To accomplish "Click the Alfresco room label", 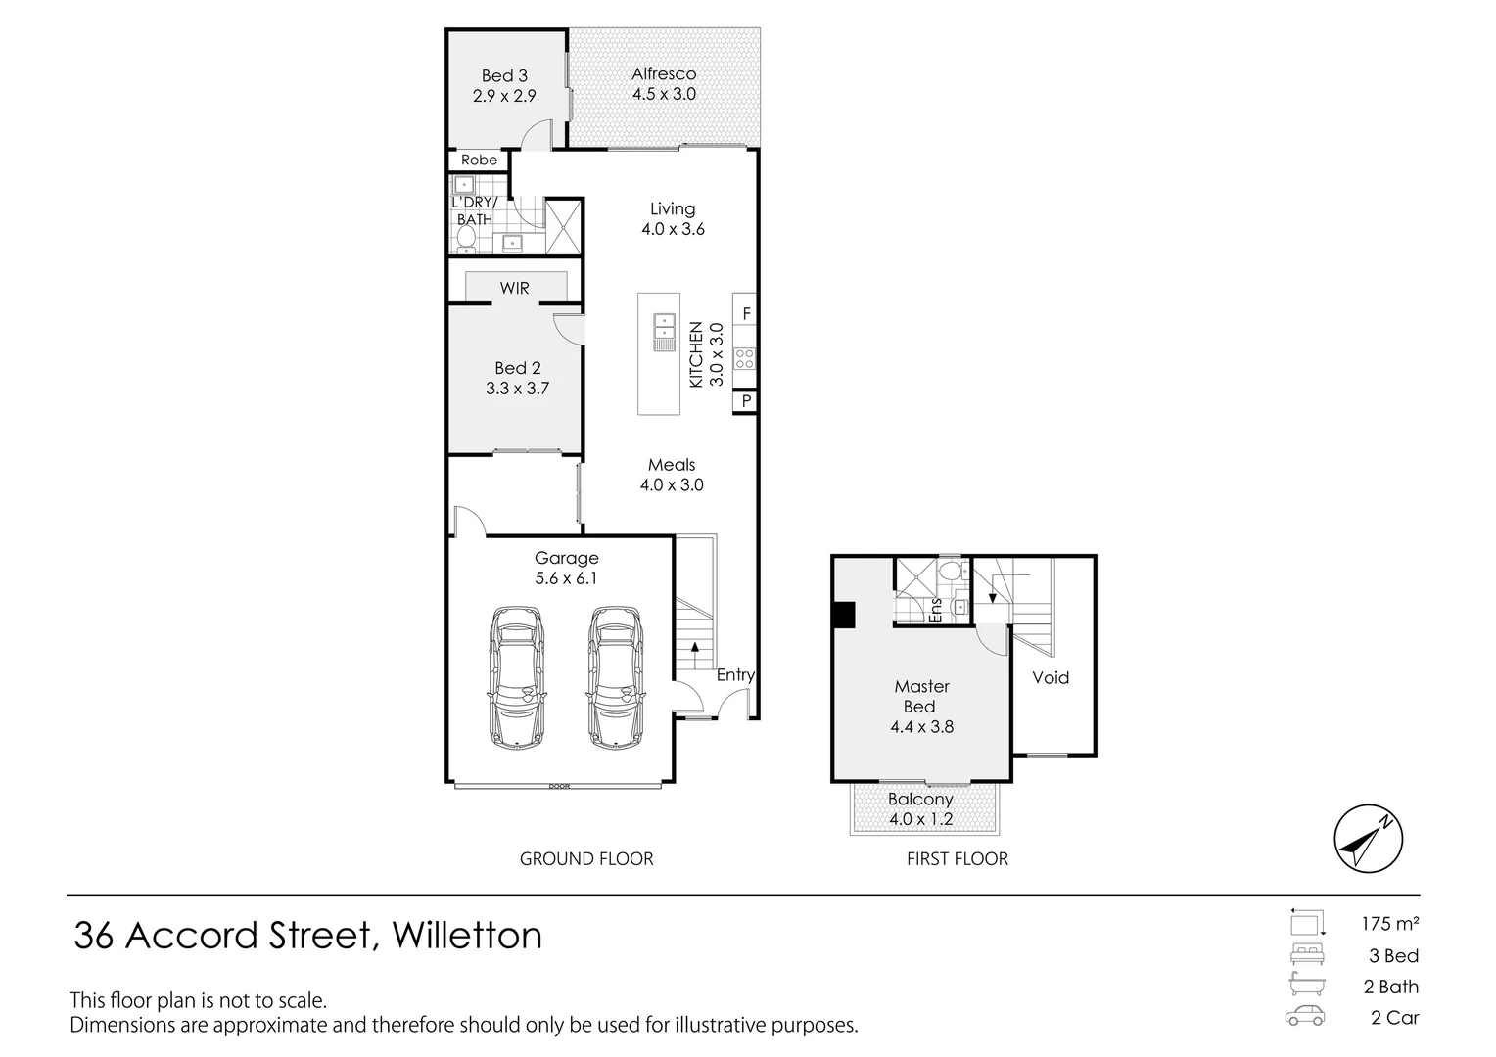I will point(664,73).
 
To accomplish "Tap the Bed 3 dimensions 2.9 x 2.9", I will point(504,96).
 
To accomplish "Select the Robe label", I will point(479,160).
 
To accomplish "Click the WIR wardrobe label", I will point(514,288).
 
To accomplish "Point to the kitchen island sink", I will point(665,331).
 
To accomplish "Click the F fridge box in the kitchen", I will point(746,314).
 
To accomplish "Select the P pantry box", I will point(746,401).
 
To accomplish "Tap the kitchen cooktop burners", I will point(745,359).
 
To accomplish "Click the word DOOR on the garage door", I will point(559,786).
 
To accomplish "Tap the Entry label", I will point(735,674).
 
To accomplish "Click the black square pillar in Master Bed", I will point(843,615).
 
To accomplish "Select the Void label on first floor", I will point(1051,677).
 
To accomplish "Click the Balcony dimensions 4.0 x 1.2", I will point(920,819).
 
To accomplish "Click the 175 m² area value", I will point(1389,923).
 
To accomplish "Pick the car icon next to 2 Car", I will point(1305,1016).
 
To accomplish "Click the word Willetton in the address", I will point(467,936).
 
